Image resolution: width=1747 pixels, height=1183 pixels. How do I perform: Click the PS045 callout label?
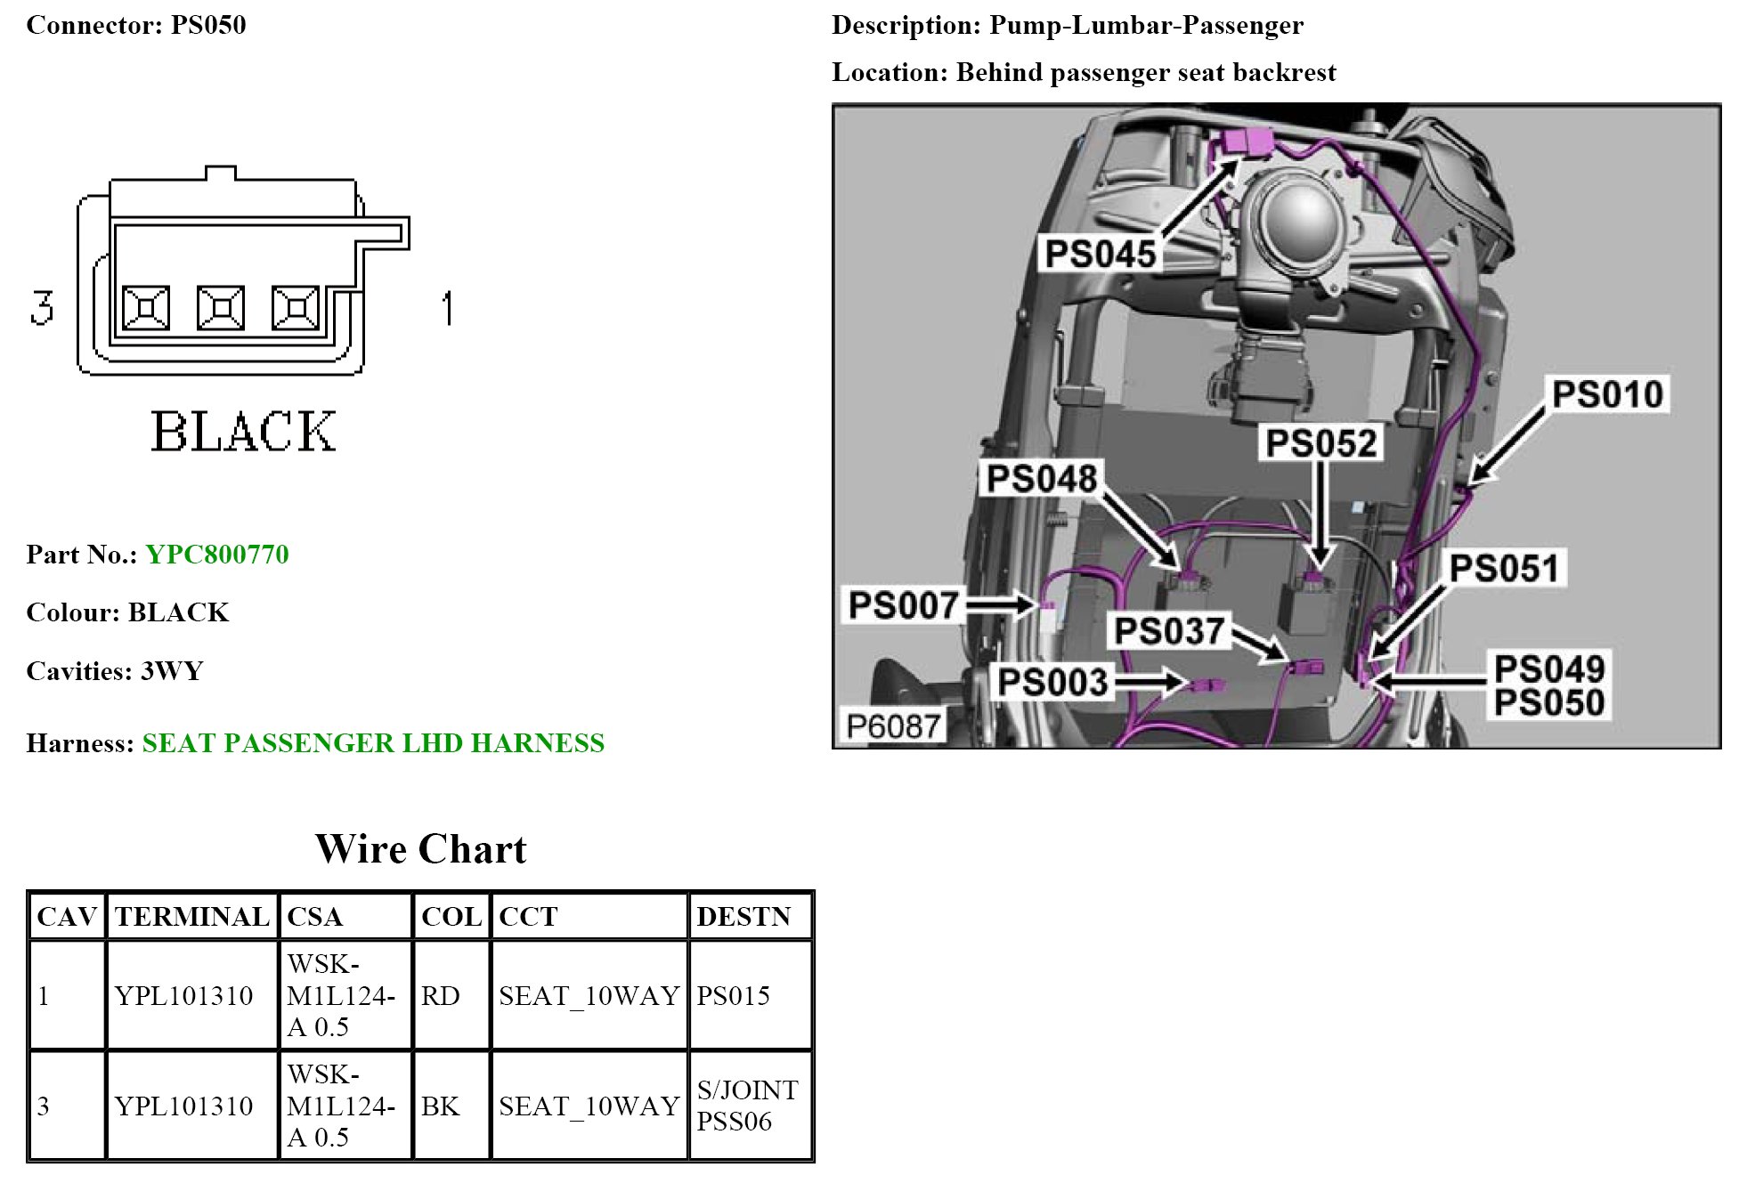coord(1100,254)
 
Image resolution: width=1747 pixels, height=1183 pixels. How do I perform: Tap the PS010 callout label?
coord(1607,394)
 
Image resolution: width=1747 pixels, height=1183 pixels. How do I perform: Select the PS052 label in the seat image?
coord(1321,442)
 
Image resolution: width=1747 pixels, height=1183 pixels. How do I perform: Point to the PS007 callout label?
coord(903,605)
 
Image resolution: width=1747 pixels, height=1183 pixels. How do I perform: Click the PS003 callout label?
coord(1052,683)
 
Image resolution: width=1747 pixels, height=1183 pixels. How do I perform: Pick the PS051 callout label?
coord(1504,568)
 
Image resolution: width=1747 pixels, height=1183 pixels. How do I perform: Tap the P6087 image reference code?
coord(893,726)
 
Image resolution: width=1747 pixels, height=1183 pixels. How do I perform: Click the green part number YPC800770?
coord(217,555)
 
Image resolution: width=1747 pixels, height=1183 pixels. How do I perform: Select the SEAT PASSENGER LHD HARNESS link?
coord(373,743)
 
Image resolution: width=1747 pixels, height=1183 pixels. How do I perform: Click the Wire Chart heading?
coord(420,849)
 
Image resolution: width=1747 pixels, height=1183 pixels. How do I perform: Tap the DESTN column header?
coord(743,917)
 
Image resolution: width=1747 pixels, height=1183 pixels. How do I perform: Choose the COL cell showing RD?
coord(441,995)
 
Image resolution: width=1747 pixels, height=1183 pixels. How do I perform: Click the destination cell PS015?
coord(733,995)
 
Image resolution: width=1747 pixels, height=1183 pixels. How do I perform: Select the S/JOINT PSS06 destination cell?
coord(747,1106)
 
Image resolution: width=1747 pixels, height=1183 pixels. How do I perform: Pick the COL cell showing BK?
coord(441,1106)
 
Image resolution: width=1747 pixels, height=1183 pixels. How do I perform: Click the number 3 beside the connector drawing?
coord(42,308)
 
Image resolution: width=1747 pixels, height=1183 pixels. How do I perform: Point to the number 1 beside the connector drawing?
coord(447,308)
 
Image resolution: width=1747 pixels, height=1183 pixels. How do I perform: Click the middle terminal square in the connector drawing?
coord(221,309)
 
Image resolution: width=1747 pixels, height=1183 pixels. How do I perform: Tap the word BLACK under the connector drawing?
coord(243,433)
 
